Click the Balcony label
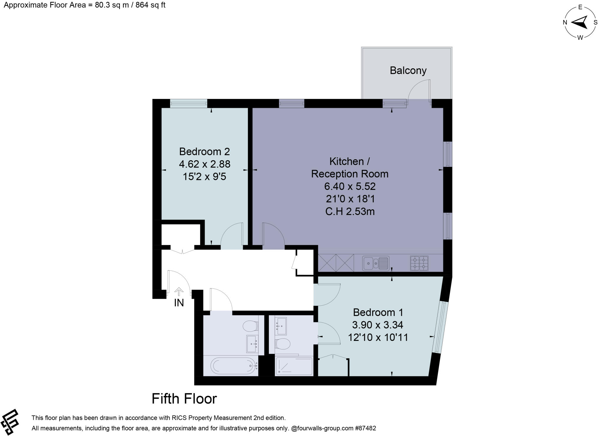click(408, 71)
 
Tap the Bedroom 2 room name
click(204, 152)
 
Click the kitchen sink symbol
click(376, 263)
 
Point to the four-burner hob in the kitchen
click(419, 263)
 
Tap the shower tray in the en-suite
click(294, 366)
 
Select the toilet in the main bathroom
click(250, 326)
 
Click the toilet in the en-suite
click(282, 344)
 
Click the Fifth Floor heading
click(184, 399)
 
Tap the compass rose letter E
click(580, 7)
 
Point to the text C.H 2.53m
click(350, 212)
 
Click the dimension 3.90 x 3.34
click(378, 325)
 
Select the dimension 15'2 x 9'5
click(204, 177)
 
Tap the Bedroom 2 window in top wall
click(188, 103)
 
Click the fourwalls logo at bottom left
click(10, 422)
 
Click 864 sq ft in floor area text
click(150, 5)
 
